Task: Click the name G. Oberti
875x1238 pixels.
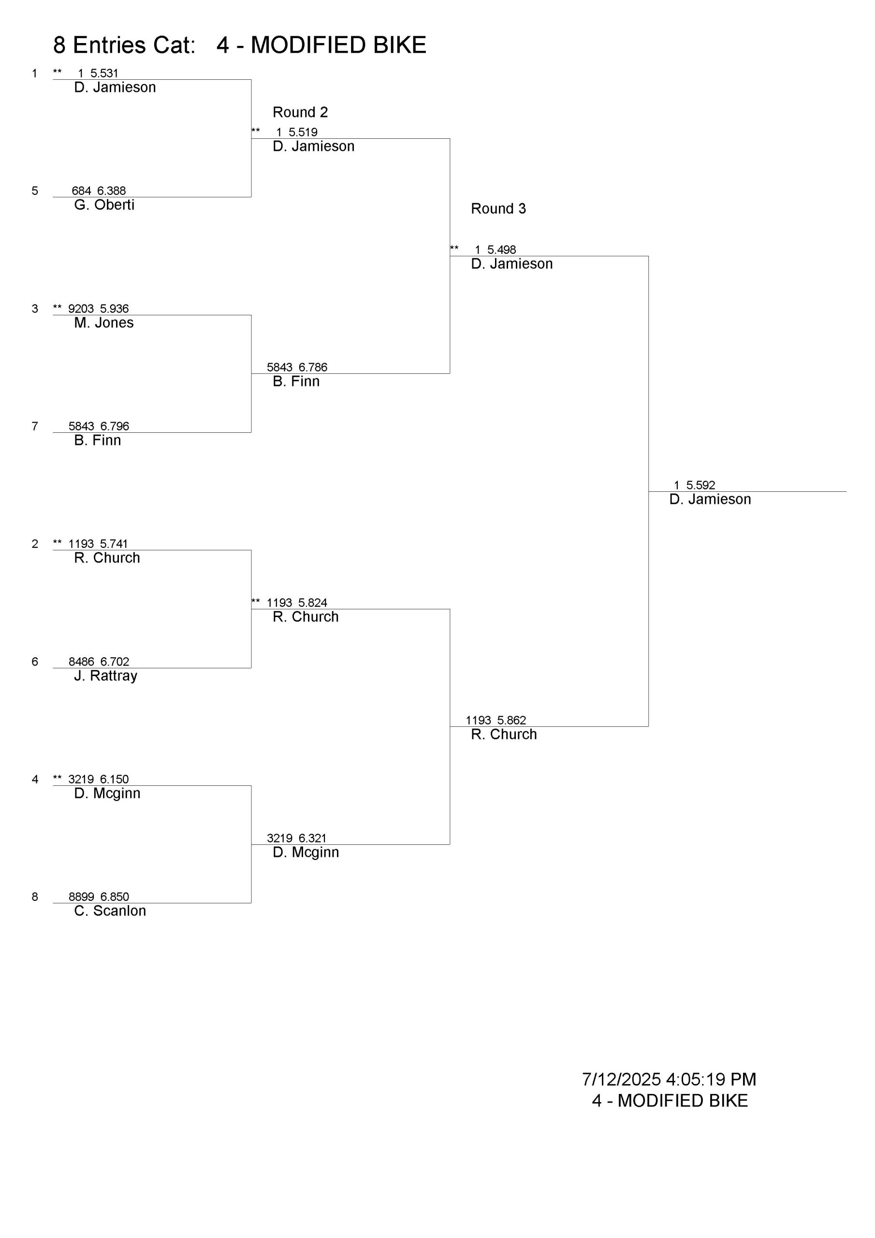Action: tap(104, 205)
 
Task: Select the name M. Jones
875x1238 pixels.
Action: tap(103, 323)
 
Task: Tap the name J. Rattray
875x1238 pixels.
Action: tap(106, 676)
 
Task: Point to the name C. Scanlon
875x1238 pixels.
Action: tap(110, 911)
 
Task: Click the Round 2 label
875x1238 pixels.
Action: tap(300, 112)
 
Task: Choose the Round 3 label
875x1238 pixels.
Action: tap(498, 208)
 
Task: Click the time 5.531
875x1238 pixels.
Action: tap(104, 74)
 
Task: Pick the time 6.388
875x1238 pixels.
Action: tap(111, 191)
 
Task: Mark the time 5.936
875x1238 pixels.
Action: tap(114, 309)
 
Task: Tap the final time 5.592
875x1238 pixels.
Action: tap(700, 485)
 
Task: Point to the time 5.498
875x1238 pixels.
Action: tap(501, 250)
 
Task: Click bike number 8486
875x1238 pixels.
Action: tap(81, 662)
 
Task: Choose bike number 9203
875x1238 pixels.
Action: tap(81, 309)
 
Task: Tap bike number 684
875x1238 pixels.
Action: tap(81, 191)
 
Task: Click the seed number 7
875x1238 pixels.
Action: tap(35, 427)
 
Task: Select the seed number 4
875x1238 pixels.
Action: tap(35, 779)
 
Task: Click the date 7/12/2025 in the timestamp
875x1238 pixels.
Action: tap(621, 1079)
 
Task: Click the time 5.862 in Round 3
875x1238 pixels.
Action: tap(511, 721)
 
